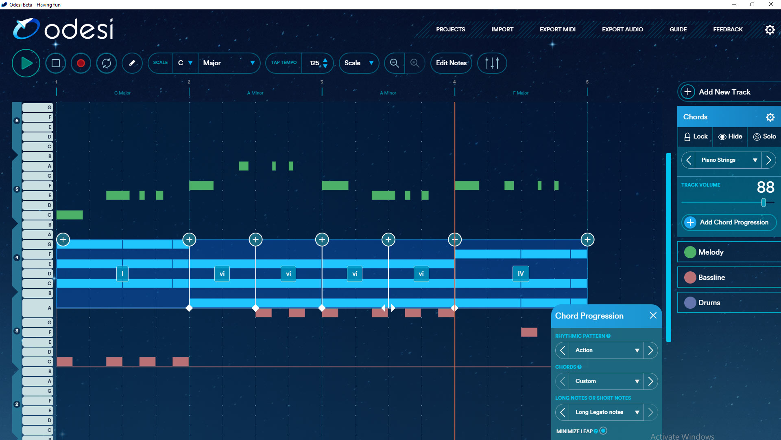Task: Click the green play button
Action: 26,63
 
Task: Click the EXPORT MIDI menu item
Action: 557,29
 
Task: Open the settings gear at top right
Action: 770,30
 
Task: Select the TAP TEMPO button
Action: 284,63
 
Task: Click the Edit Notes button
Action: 451,63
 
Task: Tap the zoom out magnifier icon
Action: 394,63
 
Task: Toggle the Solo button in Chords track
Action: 765,136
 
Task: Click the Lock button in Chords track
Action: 696,136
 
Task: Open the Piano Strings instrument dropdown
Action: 728,160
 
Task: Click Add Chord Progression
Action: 729,222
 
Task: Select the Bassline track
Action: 711,277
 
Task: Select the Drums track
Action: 709,303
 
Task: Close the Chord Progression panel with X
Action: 653,316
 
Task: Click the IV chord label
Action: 521,274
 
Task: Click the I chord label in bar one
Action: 122,274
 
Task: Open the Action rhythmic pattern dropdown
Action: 606,350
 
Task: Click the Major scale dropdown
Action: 229,63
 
